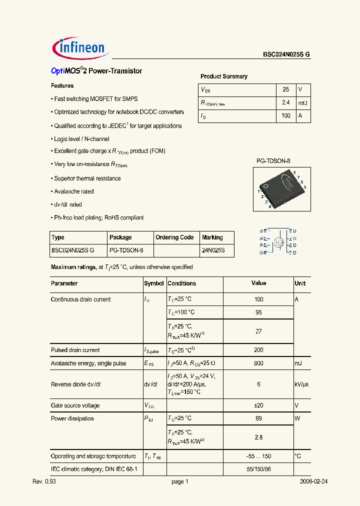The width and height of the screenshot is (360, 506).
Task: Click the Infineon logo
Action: click(x=78, y=47)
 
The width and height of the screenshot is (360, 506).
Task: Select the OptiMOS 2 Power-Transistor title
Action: click(x=96, y=71)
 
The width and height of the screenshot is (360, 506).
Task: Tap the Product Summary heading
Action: click(x=224, y=76)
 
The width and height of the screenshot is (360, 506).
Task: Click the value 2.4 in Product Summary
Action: click(x=286, y=102)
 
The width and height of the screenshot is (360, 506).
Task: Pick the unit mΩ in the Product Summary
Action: click(x=303, y=102)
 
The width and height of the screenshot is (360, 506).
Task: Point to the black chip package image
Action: click(x=281, y=188)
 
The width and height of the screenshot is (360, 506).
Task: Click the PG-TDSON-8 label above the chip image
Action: click(x=273, y=161)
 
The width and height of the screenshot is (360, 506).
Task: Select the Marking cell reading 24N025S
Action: click(x=213, y=250)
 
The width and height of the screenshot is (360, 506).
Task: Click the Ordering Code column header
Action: click(x=174, y=237)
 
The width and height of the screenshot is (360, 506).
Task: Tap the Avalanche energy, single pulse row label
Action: click(x=88, y=363)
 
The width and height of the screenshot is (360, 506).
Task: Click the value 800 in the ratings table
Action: click(x=258, y=363)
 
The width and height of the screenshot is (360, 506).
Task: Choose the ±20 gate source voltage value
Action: click(x=258, y=405)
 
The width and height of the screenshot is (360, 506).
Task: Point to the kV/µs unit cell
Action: click(x=302, y=384)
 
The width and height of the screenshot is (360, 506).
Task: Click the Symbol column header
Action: click(x=154, y=283)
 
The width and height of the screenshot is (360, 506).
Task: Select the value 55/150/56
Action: click(x=258, y=469)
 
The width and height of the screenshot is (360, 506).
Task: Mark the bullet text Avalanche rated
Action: click(x=73, y=191)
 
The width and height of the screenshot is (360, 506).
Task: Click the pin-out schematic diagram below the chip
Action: click(x=278, y=242)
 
